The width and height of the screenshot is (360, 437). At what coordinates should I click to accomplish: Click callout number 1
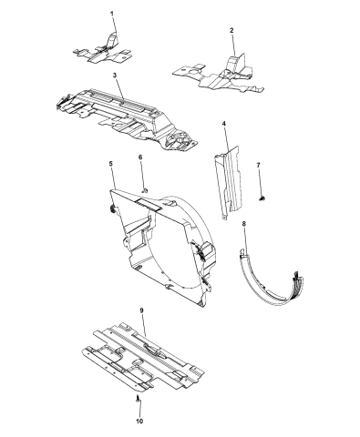[112, 14]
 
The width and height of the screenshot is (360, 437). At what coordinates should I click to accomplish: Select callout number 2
[231, 30]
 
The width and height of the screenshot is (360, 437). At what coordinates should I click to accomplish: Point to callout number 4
[224, 124]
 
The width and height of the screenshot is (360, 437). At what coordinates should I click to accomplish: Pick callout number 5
[110, 164]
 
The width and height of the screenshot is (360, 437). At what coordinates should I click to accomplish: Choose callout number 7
[258, 165]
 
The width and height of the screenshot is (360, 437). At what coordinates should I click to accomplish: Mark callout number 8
[244, 223]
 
